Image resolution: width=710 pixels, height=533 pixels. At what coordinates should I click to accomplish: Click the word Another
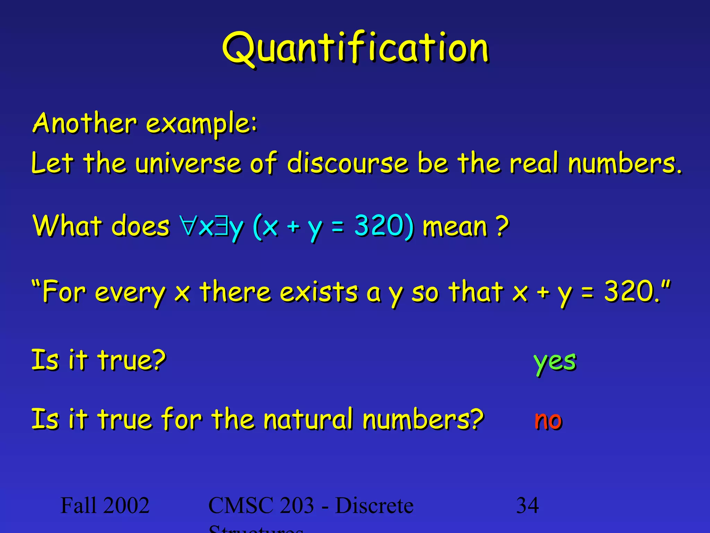pos(85,123)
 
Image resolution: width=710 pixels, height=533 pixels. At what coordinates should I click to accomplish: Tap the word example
pos(201,124)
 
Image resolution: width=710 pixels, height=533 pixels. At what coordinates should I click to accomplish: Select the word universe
pos(188,163)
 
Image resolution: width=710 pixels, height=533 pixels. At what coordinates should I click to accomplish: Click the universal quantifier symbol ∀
pos(189,226)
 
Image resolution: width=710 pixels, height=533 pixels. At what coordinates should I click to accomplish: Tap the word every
pos(130,294)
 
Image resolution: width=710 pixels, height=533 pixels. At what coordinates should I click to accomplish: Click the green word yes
pos(555,362)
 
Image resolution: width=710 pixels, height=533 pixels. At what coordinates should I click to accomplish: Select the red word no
pos(548,421)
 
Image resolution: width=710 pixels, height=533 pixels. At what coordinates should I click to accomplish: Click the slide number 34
pos(527,505)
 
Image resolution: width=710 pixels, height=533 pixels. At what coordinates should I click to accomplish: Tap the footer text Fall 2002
pos(105,505)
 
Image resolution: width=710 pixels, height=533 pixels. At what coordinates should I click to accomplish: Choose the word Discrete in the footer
pos(374,506)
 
